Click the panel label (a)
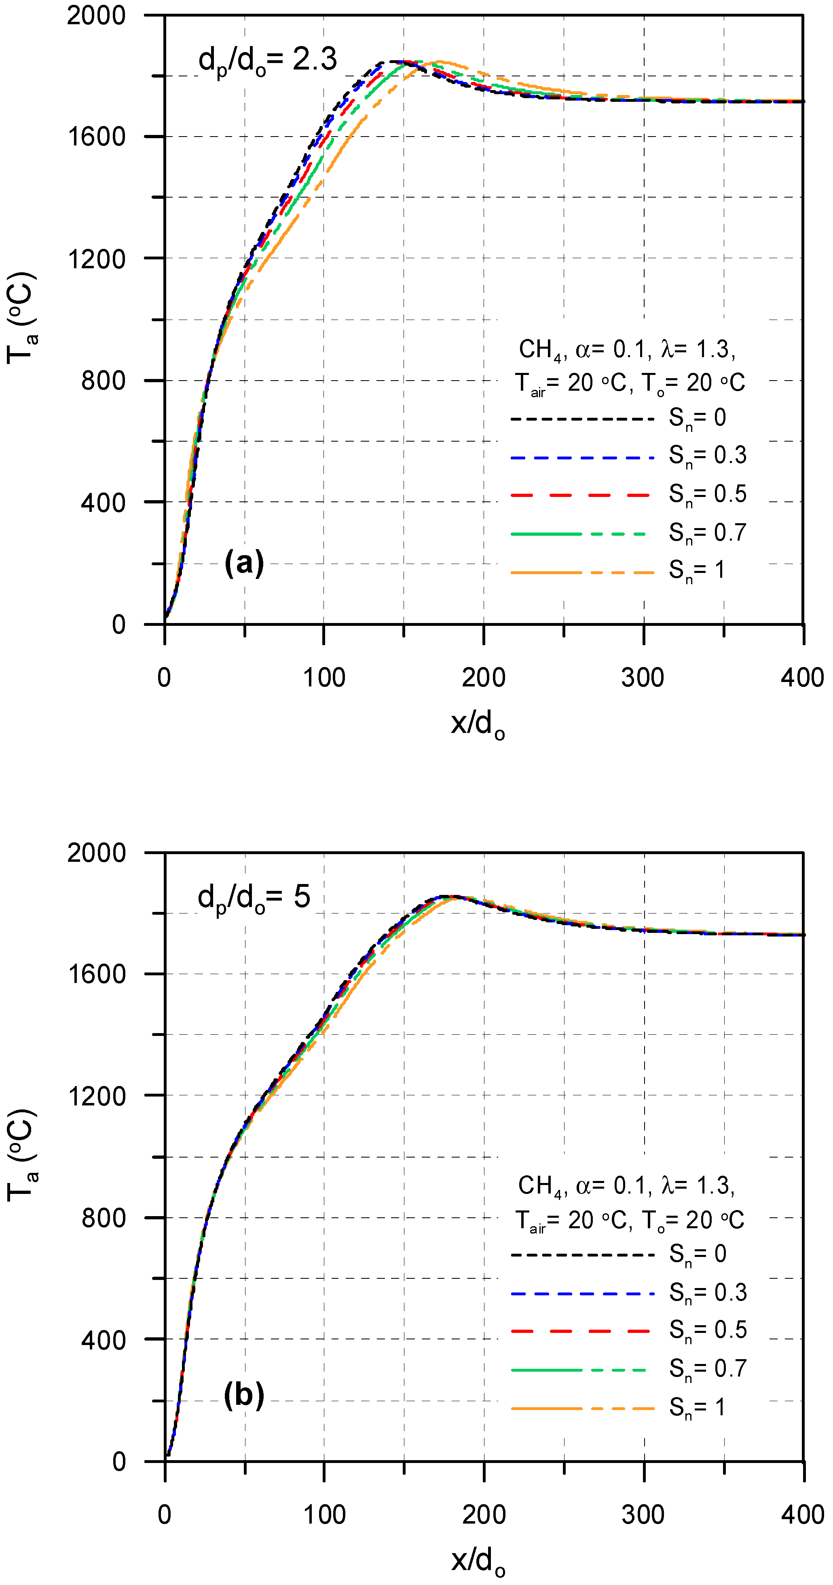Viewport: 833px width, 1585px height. point(244,563)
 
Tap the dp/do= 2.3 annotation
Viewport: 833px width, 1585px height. point(267,60)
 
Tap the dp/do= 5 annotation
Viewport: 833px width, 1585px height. point(254,897)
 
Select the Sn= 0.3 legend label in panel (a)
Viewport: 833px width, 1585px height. point(707,456)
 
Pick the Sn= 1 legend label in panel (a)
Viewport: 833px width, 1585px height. point(696,570)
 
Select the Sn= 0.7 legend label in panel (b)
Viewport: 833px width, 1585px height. point(707,1368)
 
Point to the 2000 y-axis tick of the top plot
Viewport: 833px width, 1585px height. point(96,15)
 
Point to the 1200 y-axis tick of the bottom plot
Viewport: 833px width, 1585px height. point(97,1096)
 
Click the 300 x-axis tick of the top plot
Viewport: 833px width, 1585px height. point(643,678)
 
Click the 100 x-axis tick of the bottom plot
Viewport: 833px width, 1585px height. point(324,1514)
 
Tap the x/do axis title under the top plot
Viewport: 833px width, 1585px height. point(478,723)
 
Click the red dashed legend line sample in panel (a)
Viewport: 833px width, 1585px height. point(581,495)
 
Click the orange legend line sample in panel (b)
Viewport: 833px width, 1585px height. point(582,1408)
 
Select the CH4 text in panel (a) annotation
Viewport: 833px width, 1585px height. point(540,349)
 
